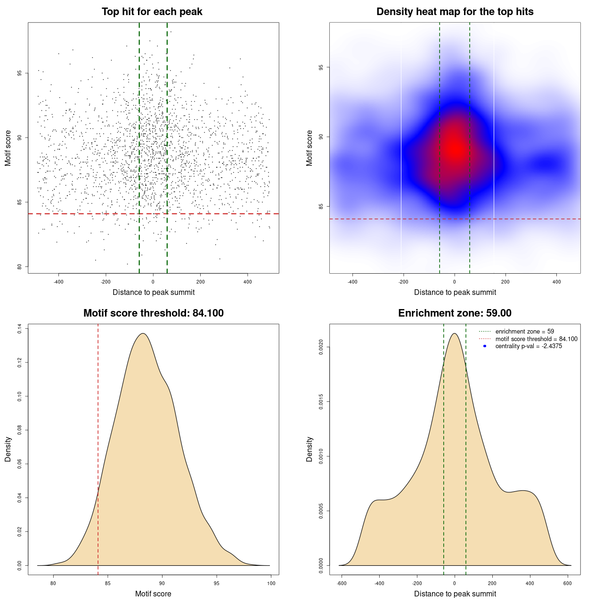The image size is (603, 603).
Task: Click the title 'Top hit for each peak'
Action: point(152,12)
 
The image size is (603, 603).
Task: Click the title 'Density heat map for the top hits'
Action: point(455,12)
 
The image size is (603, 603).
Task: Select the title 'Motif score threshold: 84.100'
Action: point(153,313)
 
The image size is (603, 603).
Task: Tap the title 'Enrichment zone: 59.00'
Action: point(455,313)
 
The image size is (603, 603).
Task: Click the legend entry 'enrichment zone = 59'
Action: point(524,332)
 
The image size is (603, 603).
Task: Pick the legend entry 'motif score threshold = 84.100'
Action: point(536,339)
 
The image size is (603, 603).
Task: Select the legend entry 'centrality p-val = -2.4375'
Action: point(529,346)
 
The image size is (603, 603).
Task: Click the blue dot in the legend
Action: point(485,346)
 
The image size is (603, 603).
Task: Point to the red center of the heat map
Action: point(454,148)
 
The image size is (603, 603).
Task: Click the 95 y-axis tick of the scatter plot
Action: point(19,73)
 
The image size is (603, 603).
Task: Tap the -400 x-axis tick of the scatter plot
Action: point(58,282)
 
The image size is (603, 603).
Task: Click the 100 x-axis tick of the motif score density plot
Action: point(271,583)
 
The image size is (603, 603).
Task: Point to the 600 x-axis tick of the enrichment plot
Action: point(567,583)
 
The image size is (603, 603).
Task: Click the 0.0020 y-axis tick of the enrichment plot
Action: point(321,347)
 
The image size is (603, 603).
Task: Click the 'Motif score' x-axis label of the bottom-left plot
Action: point(153,594)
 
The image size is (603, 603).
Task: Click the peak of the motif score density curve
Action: point(143,334)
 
